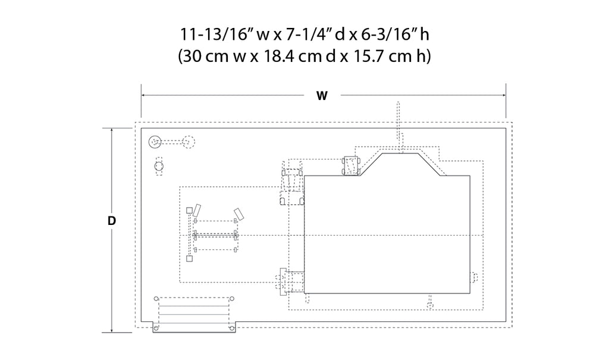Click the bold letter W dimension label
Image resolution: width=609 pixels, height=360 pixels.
coord(322,96)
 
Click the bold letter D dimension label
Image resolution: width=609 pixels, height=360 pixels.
coord(112,221)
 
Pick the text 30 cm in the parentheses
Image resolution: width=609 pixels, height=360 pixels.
coord(205,57)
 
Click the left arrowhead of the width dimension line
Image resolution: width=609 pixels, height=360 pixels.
coord(144,95)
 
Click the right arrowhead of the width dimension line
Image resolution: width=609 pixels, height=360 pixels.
coord(503,95)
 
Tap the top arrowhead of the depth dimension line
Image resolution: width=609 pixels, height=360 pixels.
coord(112,131)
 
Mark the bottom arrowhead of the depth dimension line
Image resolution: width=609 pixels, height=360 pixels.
coord(112,330)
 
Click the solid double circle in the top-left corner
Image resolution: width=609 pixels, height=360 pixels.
coord(155,142)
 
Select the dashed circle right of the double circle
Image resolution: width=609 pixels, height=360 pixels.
coord(189,142)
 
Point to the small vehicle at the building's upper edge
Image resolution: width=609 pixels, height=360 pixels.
coord(351,166)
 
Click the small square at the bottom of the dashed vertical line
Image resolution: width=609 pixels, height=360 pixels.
coord(189,258)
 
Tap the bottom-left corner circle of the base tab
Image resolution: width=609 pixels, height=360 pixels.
coord(156,328)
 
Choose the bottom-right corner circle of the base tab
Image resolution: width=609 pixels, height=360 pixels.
coord(231,328)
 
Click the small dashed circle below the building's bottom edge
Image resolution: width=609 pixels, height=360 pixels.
coord(429,306)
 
